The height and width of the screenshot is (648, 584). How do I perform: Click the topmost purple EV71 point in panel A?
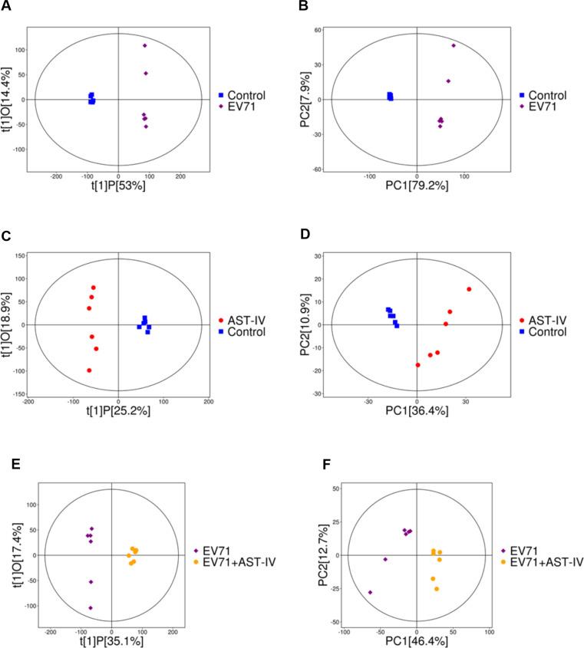(144, 45)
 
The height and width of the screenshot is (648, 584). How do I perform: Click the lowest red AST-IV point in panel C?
(89, 370)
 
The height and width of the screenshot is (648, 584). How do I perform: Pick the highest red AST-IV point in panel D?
(469, 289)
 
